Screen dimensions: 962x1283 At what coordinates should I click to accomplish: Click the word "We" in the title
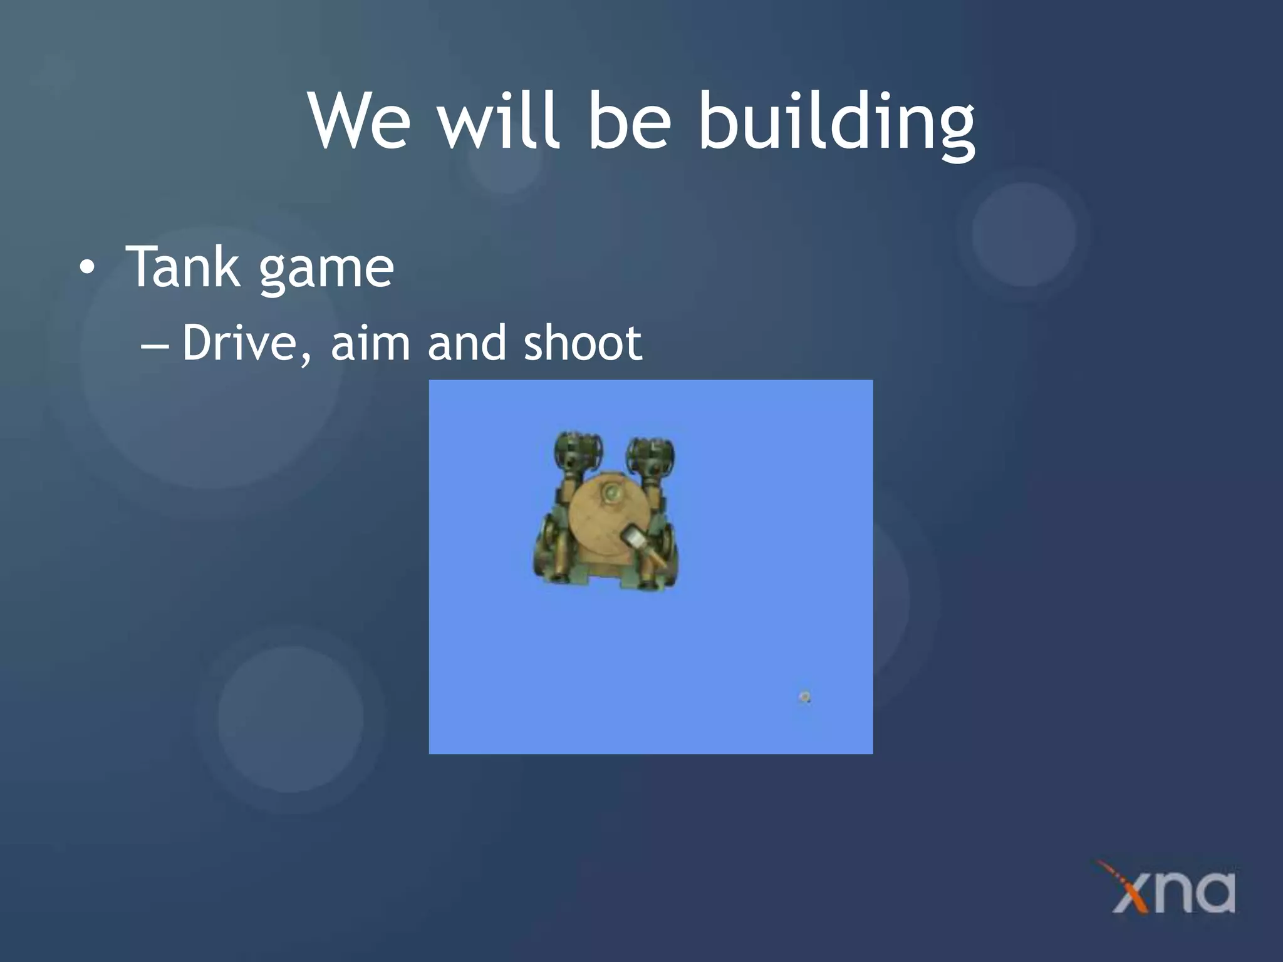[360, 120]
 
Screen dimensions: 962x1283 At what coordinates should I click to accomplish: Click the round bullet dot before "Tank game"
[87, 268]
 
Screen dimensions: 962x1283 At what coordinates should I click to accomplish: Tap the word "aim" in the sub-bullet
[370, 343]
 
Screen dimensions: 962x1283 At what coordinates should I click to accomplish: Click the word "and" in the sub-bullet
[466, 343]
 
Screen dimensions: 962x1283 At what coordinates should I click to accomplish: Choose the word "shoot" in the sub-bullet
[583, 343]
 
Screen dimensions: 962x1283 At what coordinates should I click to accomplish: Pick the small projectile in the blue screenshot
[805, 697]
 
